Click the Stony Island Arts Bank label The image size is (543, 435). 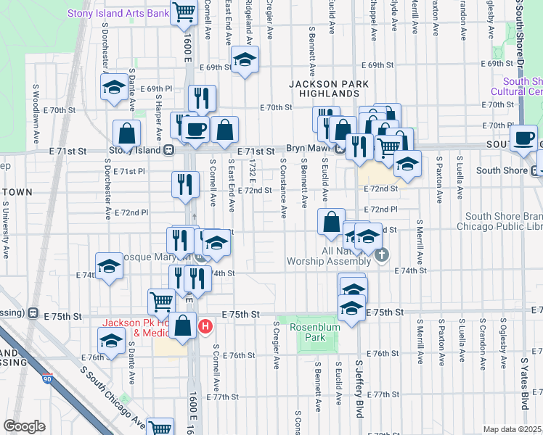click(x=118, y=13)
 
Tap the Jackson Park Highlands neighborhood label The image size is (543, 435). click(x=324, y=88)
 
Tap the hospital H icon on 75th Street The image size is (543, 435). click(x=205, y=327)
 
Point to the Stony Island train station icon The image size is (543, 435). click(x=168, y=151)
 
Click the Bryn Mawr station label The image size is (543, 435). click(x=309, y=151)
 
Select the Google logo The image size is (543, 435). click(x=24, y=426)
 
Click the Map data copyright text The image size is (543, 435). click(x=512, y=429)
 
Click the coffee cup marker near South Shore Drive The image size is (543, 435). click(x=523, y=138)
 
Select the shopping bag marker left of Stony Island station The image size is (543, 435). click(x=127, y=133)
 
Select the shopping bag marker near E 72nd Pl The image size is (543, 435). click(x=331, y=221)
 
